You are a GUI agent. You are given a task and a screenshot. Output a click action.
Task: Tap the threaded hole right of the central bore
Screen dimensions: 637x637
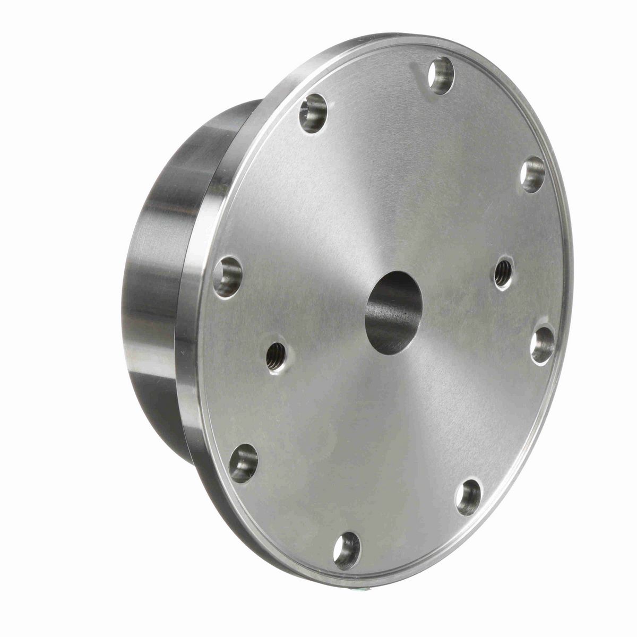[x=503, y=273]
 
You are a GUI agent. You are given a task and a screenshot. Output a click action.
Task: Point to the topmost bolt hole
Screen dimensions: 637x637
[x=441, y=75]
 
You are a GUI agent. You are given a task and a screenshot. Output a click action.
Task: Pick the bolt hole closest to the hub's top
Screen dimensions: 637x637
[x=313, y=113]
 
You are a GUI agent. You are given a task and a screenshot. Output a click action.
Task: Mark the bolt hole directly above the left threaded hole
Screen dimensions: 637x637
[x=227, y=276]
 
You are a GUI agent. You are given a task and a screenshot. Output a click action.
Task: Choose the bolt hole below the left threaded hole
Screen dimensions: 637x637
[x=244, y=463]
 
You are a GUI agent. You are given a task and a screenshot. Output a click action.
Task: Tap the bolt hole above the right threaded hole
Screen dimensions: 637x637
[x=532, y=175]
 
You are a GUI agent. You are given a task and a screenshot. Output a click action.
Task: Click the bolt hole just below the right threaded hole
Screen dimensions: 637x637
[x=543, y=345]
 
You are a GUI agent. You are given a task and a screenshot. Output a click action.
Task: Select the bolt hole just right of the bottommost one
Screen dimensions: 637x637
[x=468, y=497]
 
